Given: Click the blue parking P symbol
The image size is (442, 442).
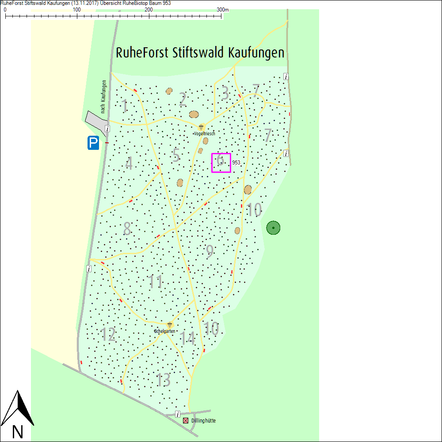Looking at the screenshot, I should pyautogui.click(x=93, y=143).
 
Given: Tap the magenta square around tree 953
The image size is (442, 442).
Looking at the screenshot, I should pyautogui.click(x=221, y=163).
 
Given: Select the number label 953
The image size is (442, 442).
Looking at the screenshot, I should pyautogui.click(x=236, y=163).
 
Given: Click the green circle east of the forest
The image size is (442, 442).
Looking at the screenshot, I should pyautogui.click(x=274, y=228).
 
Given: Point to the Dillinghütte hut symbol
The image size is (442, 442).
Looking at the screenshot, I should pyautogui.click(x=186, y=420).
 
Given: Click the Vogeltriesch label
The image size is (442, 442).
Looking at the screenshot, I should pyautogui.click(x=204, y=133).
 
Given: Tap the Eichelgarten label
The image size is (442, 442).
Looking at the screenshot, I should pyautogui.click(x=164, y=331).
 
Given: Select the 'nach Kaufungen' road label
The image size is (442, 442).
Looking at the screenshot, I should pyautogui.click(x=103, y=96).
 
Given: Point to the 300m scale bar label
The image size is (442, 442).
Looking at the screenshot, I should pyautogui.click(x=223, y=10).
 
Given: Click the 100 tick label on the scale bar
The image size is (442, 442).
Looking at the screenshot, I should pyautogui.click(x=76, y=10).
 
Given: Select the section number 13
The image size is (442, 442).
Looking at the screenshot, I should pyautogui.click(x=164, y=380).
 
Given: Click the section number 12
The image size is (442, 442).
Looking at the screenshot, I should pyautogui.click(x=108, y=335).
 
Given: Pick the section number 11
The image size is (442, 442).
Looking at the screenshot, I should pyautogui.click(x=156, y=282).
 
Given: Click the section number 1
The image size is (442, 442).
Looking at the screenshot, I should pyautogui.click(x=125, y=106).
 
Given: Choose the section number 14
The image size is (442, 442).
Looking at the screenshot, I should pyautogui.click(x=188, y=339).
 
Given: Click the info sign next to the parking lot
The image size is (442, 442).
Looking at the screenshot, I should pyautogui.click(x=107, y=129).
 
